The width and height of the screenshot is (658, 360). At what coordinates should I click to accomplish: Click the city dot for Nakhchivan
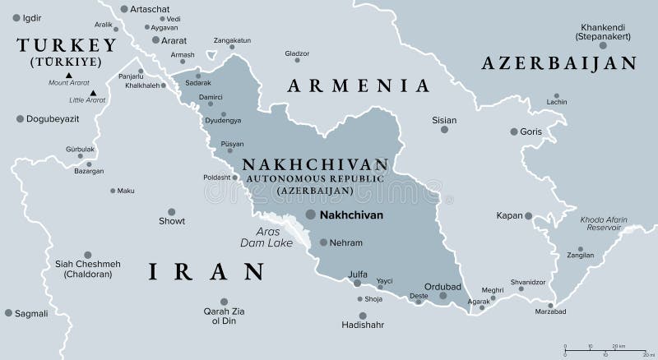coord(310,214)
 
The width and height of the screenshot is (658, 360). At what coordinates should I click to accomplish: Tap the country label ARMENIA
coord(358,85)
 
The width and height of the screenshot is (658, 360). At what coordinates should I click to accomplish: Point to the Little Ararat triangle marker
coord(95,92)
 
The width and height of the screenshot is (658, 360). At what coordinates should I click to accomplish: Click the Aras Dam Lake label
coord(262,237)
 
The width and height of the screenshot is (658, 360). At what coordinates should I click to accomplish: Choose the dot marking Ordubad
coord(443,296)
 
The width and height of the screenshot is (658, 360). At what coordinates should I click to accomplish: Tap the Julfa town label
coord(359,275)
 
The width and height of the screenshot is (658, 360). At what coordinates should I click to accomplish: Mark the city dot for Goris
coord(514,132)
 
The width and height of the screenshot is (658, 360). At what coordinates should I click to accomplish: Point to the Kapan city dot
coord(529,216)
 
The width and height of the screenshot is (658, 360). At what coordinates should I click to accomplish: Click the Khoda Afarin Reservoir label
coord(603,224)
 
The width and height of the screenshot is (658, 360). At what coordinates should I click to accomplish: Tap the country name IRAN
coord(206,271)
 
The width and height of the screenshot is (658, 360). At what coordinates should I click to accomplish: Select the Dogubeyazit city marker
coord(20,119)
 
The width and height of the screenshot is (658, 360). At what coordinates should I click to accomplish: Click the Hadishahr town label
coord(363,325)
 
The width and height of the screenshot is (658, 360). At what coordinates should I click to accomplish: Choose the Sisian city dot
coord(444,130)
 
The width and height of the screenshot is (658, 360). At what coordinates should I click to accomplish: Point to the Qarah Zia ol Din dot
coord(224,302)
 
